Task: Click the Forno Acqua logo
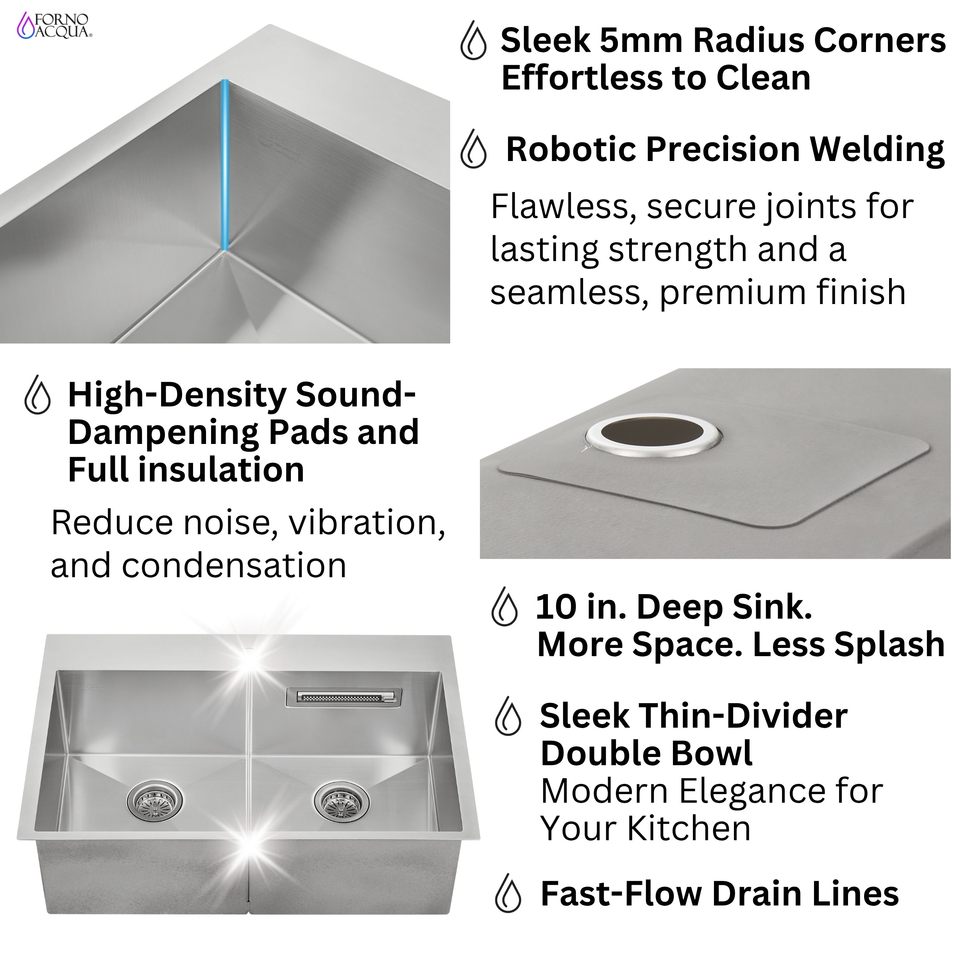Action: pyautogui.click(x=55, y=26)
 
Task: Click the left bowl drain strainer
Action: pyautogui.click(x=154, y=800)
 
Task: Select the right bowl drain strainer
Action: pyautogui.click(x=341, y=800)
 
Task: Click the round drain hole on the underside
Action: pyautogui.click(x=653, y=435)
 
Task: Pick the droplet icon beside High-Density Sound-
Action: pyautogui.click(x=38, y=395)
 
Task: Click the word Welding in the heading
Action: pyautogui.click(x=877, y=150)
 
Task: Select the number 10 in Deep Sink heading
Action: pyautogui.click(x=555, y=607)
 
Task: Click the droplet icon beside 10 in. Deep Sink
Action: pyautogui.click(x=504, y=607)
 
